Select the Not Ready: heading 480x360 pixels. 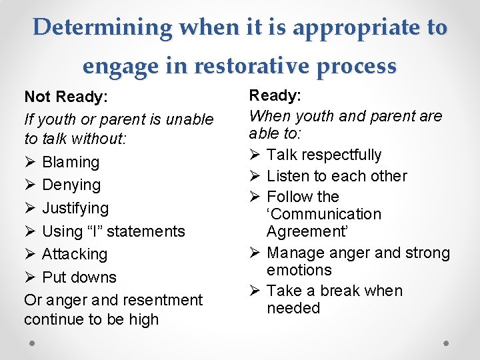coord(66,97)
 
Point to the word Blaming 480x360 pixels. coord(71,162)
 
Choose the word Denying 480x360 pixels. coord(71,185)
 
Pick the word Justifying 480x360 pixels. coord(75,208)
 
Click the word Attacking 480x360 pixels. coord(75,254)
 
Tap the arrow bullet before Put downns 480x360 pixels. coord(29,277)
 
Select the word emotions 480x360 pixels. coord(299,270)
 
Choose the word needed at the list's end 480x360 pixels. coord(293,308)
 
